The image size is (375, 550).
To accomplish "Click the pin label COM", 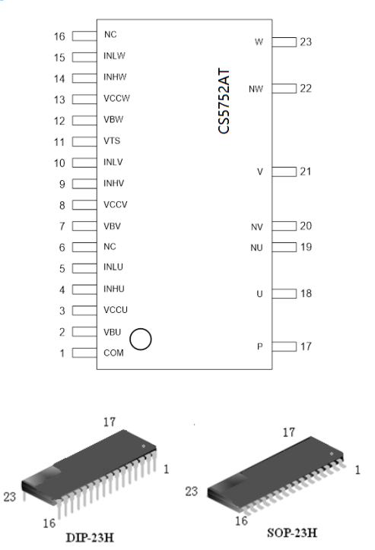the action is pyautogui.click(x=113, y=353).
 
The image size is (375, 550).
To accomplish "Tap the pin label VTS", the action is pyautogui.click(x=112, y=141).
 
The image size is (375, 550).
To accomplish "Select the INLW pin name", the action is pyautogui.click(x=114, y=55).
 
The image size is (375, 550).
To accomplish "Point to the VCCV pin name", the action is pyautogui.click(x=115, y=204).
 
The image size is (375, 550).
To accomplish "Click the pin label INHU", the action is pyautogui.click(x=114, y=289).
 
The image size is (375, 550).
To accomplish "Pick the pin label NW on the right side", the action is pyautogui.click(x=256, y=89).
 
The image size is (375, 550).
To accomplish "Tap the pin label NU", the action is pyautogui.click(x=256, y=248).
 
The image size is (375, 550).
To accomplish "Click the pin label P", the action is pyautogui.click(x=260, y=346).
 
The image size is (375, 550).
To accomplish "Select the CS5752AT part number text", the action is pyautogui.click(x=224, y=101).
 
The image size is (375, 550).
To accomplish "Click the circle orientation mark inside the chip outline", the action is pyautogui.click(x=141, y=329).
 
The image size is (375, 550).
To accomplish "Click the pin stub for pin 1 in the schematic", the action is pyautogui.click(x=84, y=353).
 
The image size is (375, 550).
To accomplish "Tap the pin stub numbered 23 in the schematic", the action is pyautogui.click(x=284, y=42).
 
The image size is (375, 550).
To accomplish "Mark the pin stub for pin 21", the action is pyautogui.click(x=284, y=172).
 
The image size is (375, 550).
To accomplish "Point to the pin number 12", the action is pyautogui.click(x=59, y=121).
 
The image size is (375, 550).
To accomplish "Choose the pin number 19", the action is pyautogui.click(x=306, y=247).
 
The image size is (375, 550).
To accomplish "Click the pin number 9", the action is pyautogui.click(x=62, y=184).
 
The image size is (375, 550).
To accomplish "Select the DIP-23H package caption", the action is pyautogui.click(x=90, y=538).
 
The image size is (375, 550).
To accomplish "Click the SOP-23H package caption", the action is pyautogui.click(x=292, y=533).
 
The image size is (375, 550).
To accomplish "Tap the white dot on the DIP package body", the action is pyautogui.click(x=143, y=446).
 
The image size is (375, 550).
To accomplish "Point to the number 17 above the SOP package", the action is pyautogui.click(x=288, y=432).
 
